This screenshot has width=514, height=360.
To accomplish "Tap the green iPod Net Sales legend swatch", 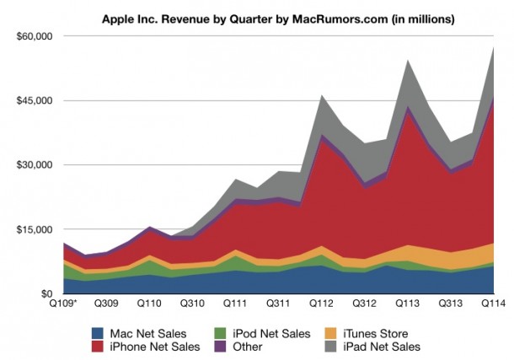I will point(222,332).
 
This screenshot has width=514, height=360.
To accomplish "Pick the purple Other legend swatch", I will point(222,346).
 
